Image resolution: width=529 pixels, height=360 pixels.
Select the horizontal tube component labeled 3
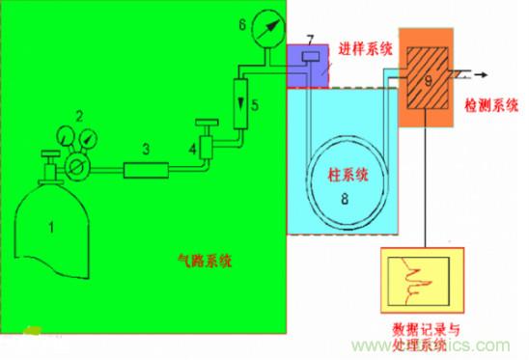145,170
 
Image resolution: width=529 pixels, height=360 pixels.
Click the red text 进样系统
364,49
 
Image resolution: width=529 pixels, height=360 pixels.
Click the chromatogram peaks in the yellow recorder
420,283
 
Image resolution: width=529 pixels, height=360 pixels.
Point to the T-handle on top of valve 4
204,123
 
